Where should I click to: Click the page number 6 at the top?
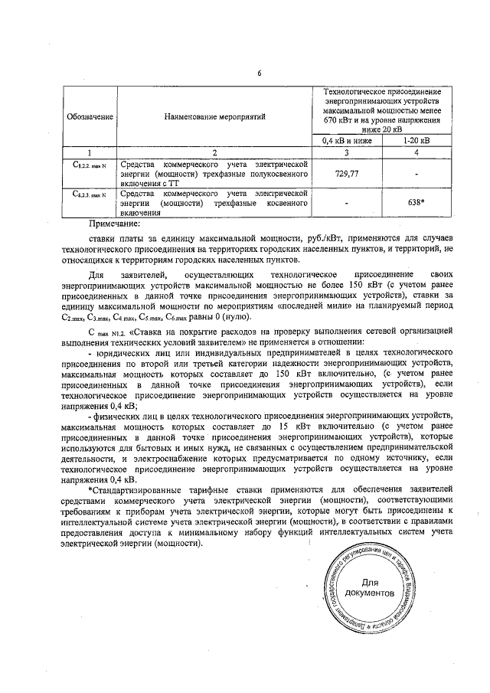tap(260, 73)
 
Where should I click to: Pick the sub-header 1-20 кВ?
tap(416, 140)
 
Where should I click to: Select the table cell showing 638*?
tap(416, 204)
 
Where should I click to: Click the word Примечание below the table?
tap(114, 224)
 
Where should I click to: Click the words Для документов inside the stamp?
tap(371, 588)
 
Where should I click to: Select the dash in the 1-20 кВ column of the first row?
tap(416, 174)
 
